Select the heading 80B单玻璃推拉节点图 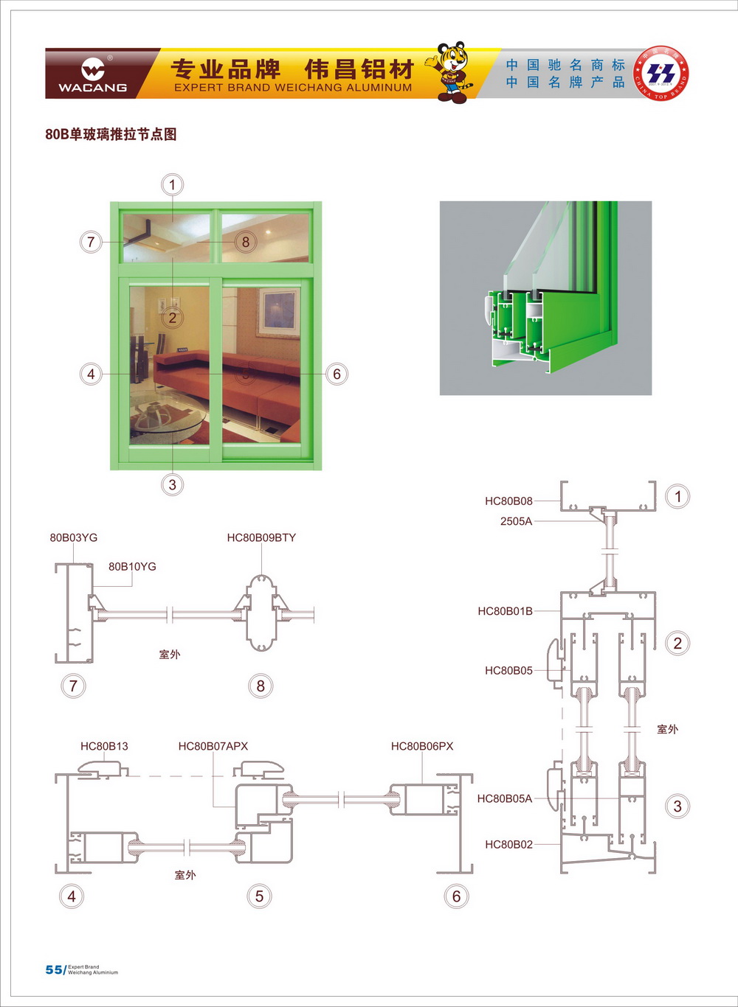[x=111, y=134]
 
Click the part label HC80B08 [x=508, y=501]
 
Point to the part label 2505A [x=516, y=521]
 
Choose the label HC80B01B [x=505, y=611]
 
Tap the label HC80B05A [x=505, y=798]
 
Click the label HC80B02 [x=508, y=844]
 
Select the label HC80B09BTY [x=261, y=537]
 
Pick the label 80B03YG [x=74, y=537]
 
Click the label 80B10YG [x=132, y=566]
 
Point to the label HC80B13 [x=104, y=746]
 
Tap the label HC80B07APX [x=213, y=746]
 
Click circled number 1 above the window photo [x=173, y=184]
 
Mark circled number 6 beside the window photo [x=337, y=374]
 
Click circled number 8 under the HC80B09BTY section [x=261, y=686]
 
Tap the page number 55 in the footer [x=54, y=969]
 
